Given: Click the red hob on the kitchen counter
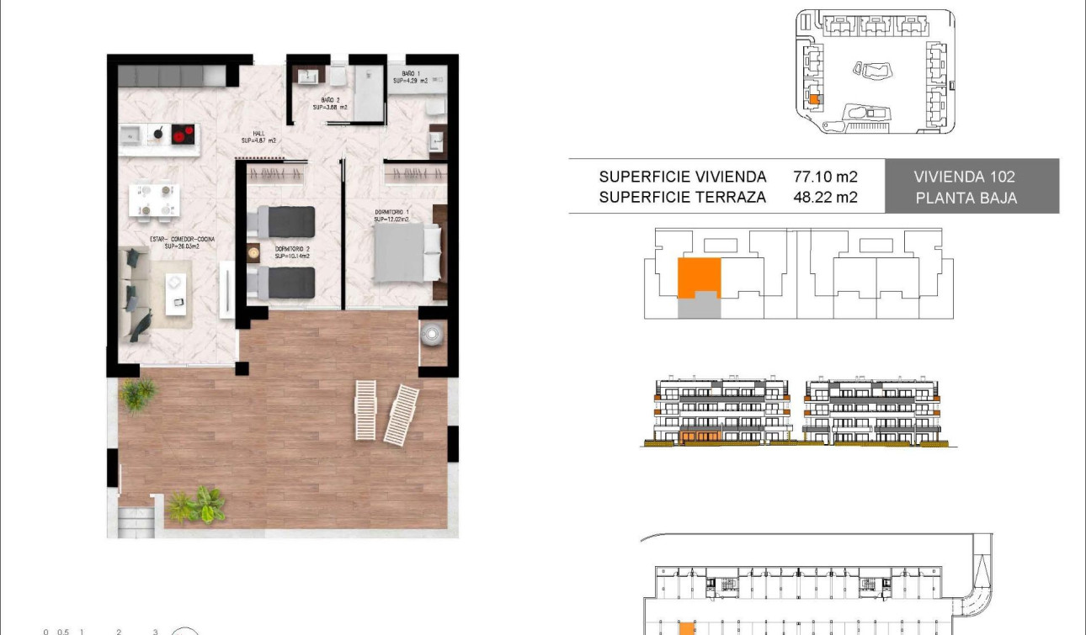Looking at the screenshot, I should tap(183, 133).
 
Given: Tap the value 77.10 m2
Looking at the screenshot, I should tap(825, 177).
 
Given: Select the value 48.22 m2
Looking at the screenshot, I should tap(825, 198).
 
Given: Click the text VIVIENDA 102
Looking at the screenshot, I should tap(965, 177).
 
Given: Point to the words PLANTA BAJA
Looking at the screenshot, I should tap(965, 198).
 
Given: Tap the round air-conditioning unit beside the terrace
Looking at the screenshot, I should tap(432, 334).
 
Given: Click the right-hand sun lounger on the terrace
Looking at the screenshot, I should tap(402, 414).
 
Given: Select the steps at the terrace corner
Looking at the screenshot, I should tap(136, 521).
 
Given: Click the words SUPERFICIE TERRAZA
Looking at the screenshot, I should tap(683, 198).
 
